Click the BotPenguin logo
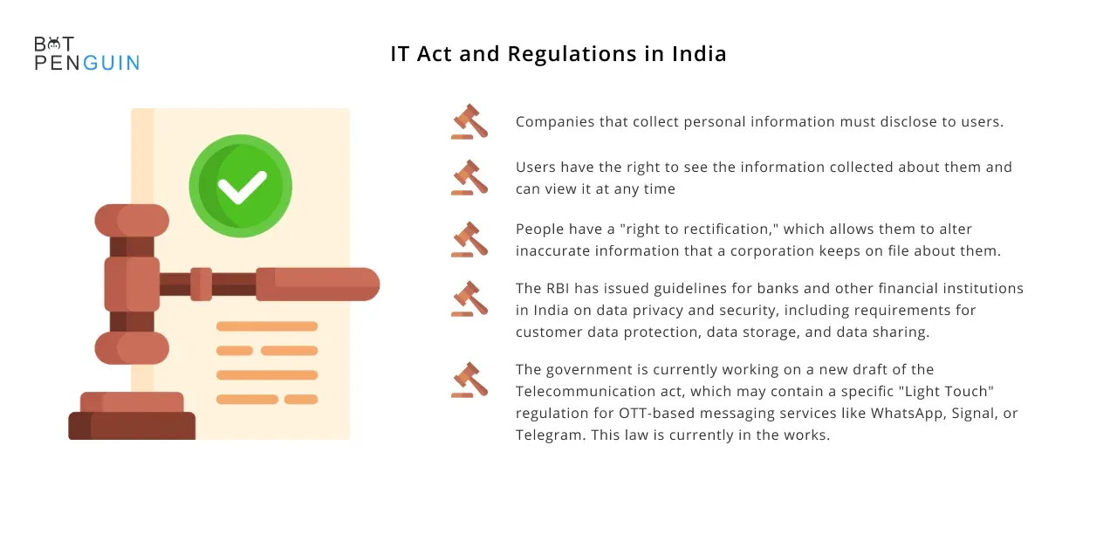coord(86,53)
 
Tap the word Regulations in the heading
coord(572,54)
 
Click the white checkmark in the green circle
coord(243,187)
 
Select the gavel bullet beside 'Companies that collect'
coord(469,121)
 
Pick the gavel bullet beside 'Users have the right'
coord(469,177)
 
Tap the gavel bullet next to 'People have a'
coord(469,239)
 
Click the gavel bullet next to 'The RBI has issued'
coord(469,298)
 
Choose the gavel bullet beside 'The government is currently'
coord(469,380)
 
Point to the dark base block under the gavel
coord(132,425)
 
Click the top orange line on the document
coord(267,326)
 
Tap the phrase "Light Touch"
coord(947,392)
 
